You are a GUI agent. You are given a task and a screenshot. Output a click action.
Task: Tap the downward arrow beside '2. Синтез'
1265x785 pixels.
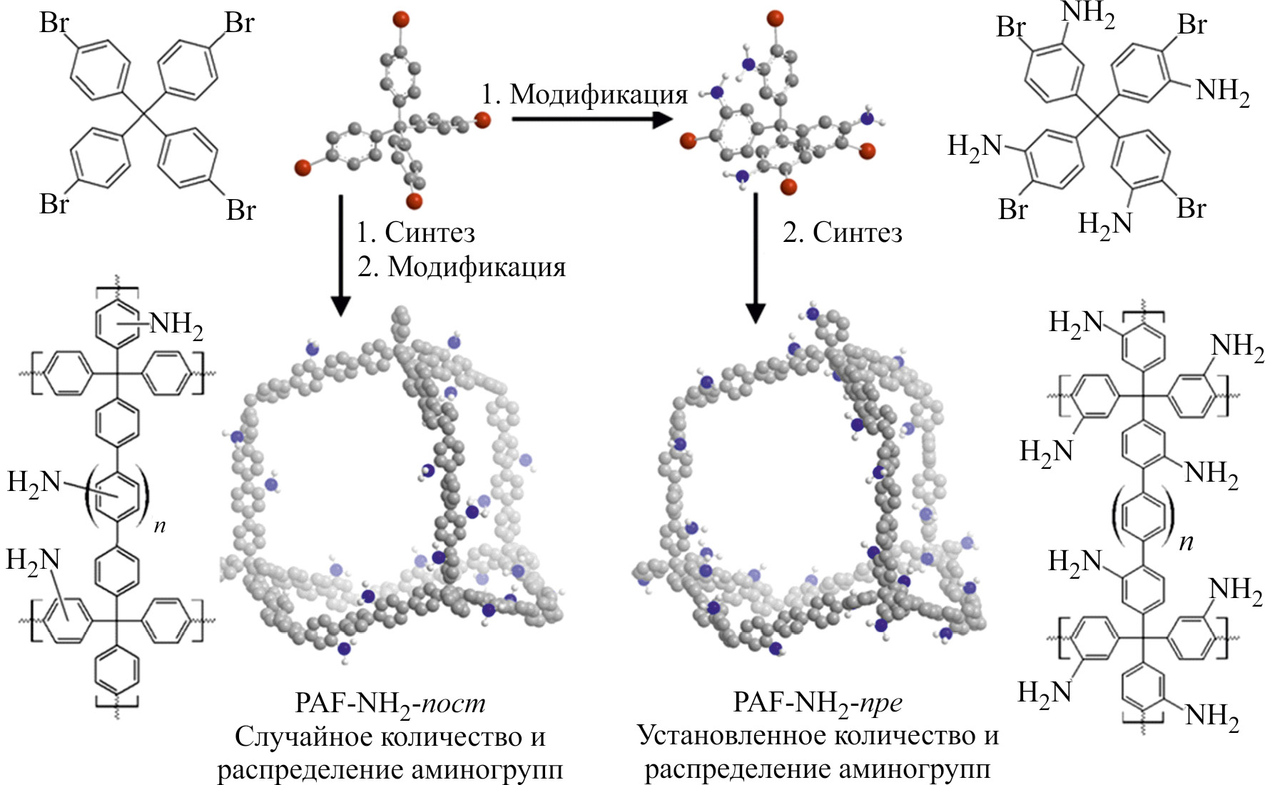[755, 257]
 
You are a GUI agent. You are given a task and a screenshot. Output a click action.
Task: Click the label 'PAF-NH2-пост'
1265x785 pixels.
[390, 704]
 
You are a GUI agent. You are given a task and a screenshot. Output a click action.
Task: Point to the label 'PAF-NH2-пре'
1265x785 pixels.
[818, 703]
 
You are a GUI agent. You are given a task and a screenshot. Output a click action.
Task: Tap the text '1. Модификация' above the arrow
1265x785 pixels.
[584, 93]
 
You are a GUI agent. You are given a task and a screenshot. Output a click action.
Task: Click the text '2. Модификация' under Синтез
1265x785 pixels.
[462, 267]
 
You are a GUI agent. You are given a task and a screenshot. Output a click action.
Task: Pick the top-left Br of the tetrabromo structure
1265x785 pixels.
[54, 24]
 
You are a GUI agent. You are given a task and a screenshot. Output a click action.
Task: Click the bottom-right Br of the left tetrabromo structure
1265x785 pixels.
[240, 210]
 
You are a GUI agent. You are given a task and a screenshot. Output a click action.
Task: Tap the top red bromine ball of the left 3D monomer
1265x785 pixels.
[401, 19]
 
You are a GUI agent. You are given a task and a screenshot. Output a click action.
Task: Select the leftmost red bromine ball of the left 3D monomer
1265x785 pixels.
[303, 168]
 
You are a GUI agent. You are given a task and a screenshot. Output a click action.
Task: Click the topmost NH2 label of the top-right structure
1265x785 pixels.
[1087, 14]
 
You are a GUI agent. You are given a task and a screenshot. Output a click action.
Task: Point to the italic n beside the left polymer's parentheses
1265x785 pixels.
[160, 527]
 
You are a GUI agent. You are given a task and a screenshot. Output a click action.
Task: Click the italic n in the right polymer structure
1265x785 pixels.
[1186, 542]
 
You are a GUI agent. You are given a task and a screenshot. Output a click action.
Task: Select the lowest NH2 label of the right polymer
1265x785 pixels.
[1211, 716]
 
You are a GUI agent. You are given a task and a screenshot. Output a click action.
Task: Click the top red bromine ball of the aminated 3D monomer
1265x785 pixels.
[776, 18]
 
